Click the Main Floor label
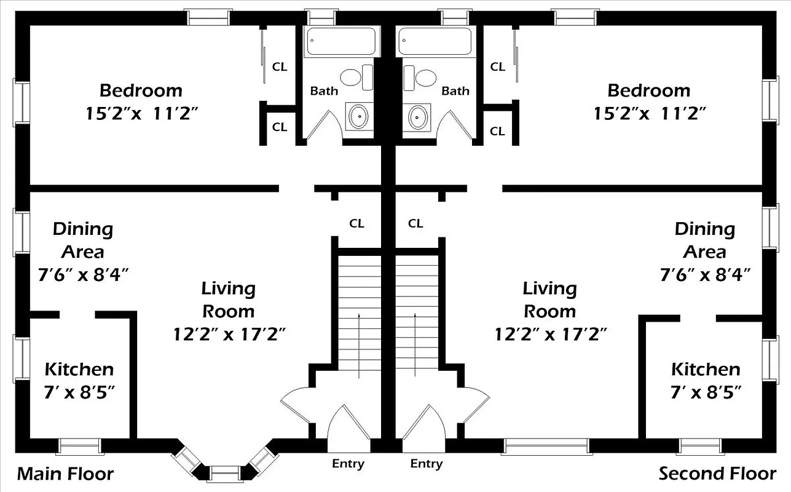coord(65,474)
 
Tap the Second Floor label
coord(717,474)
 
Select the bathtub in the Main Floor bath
coord(342,42)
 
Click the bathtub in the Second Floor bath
coord(436,42)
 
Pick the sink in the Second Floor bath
coord(418,116)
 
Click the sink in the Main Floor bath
coord(358,116)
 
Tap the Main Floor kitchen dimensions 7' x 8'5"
coord(79,392)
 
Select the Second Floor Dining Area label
coord(704,240)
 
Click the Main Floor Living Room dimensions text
coord(229,334)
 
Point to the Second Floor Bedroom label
coord(648,90)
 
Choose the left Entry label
coord(348,464)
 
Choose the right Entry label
coord(426,464)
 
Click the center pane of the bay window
coord(224,472)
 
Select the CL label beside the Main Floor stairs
coord(356,223)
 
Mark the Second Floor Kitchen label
coord(705,369)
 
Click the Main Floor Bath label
coord(323,91)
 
